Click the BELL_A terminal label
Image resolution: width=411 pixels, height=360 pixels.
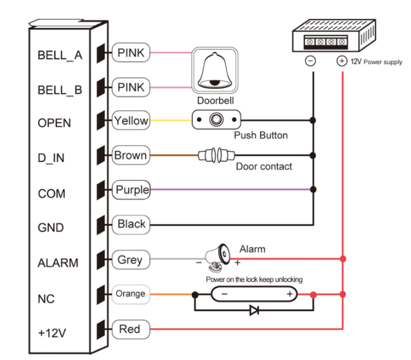60,55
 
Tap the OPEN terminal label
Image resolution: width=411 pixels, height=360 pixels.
55,123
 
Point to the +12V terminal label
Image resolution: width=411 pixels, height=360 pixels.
53,332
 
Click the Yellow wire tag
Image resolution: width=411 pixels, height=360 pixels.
131,120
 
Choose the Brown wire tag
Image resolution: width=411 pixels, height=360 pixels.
131,155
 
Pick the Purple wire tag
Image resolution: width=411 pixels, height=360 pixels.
132,189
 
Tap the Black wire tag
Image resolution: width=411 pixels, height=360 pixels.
131,223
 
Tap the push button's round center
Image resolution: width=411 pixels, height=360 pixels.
218,119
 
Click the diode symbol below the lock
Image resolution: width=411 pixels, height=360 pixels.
254,311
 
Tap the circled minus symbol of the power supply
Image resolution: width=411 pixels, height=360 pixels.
311,62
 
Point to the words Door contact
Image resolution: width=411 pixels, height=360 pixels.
264,167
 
